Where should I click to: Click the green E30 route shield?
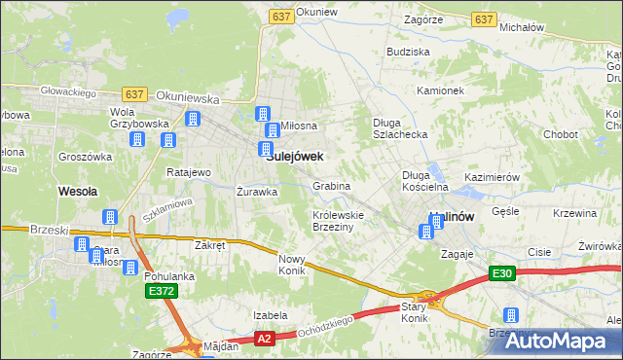pyautogui.click(x=501, y=274)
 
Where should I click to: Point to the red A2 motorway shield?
pyautogui.click(x=265, y=339)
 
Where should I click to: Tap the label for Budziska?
pyautogui.click(x=408, y=51)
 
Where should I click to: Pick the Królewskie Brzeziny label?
pyautogui.click(x=338, y=220)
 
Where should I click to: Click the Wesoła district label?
pyautogui.click(x=77, y=192)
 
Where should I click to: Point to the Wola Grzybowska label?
pyautogui.click(x=108, y=118)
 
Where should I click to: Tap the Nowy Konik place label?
pyautogui.click(x=292, y=264)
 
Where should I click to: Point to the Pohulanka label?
pyautogui.click(x=168, y=276)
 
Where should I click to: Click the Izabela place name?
pyautogui.click(x=270, y=315)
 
